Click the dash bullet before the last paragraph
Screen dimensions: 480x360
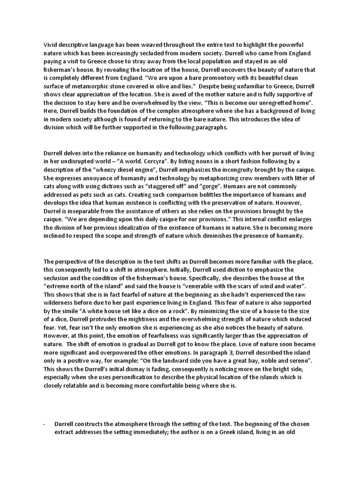(x=44, y=424)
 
